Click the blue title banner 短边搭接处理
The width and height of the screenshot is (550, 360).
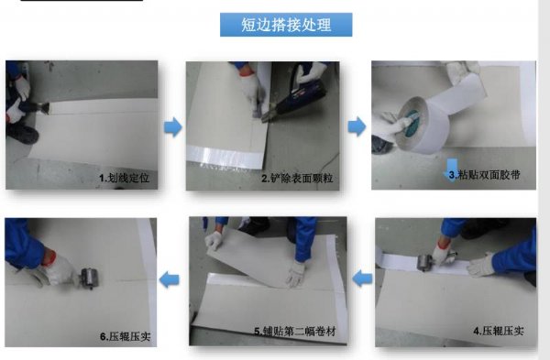(x=286, y=25)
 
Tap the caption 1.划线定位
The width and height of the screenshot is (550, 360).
(x=124, y=178)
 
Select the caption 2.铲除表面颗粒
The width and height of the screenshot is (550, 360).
(x=297, y=179)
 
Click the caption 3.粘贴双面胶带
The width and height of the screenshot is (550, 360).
(x=484, y=175)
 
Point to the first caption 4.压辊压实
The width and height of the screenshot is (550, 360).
(x=499, y=331)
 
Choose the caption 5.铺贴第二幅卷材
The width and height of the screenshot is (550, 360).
(x=295, y=332)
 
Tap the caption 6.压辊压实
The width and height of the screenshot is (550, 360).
(x=126, y=336)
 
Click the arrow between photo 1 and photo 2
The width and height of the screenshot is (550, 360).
(x=173, y=127)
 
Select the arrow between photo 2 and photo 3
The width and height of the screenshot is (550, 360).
(x=357, y=126)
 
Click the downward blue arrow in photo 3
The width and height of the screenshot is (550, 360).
(x=451, y=169)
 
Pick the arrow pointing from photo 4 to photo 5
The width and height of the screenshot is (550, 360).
(x=362, y=279)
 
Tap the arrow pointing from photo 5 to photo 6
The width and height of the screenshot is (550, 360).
(x=169, y=279)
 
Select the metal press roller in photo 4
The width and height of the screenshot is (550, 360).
(x=426, y=262)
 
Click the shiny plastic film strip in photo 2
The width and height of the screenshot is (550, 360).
(x=225, y=155)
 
